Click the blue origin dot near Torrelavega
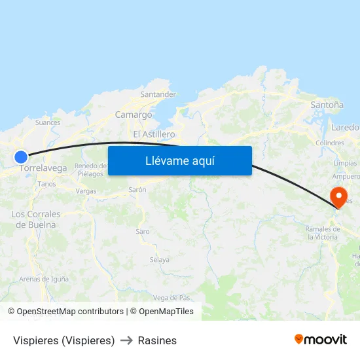(x=21, y=156)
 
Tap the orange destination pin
(x=339, y=197)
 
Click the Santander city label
(x=158, y=94)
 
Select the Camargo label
(x=134, y=115)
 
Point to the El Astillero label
(x=154, y=134)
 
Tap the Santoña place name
(x=327, y=104)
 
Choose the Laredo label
(x=346, y=128)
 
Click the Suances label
(x=48, y=122)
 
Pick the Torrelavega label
(x=44, y=168)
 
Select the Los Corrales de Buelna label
(x=36, y=219)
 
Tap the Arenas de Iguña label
(x=44, y=279)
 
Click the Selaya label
(x=160, y=260)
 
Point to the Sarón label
(x=137, y=189)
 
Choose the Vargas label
(x=86, y=191)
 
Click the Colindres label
(x=329, y=143)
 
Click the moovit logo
(x=321, y=339)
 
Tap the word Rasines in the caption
(x=157, y=340)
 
